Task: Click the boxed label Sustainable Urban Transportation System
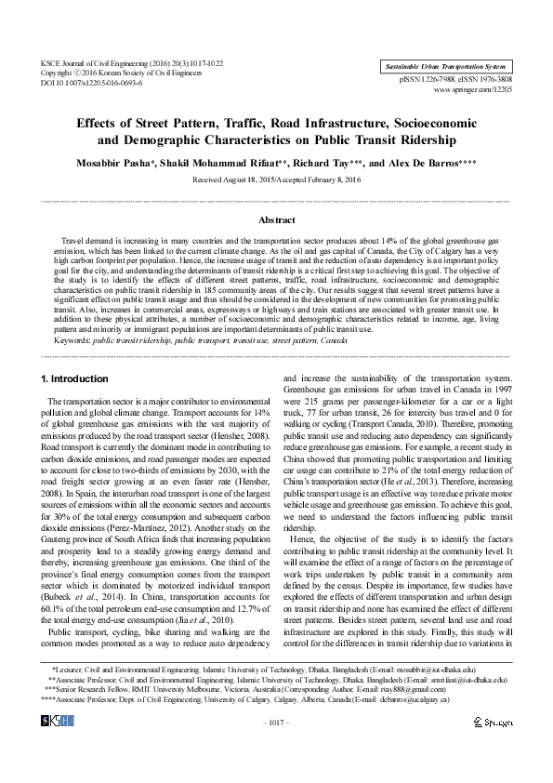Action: tap(445, 67)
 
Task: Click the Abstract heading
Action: tap(276, 220)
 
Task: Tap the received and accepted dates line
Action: tap(276, 179)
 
